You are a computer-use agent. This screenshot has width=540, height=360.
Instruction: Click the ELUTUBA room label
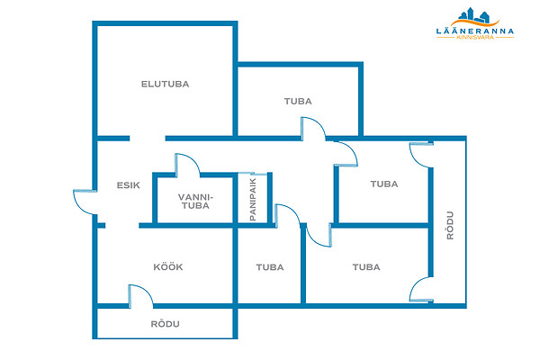pos(165,84)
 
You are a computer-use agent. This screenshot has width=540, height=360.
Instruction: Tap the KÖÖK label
pos(168,267)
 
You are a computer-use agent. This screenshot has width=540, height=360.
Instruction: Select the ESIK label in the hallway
pos(128,185)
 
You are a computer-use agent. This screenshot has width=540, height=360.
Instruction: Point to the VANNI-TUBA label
pos(194,201)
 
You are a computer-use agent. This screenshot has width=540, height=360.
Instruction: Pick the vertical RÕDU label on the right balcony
pos(450,224)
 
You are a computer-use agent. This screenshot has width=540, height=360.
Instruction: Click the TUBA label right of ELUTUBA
pos(298,102)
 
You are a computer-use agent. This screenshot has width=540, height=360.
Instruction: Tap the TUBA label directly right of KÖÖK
pos(269,267)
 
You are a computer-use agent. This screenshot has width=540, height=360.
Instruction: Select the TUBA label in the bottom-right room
pos(365,267)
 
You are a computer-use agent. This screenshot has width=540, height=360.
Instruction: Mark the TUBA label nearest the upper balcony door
pos(383,184)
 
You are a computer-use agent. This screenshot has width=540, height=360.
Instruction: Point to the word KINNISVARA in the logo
pos(473,38)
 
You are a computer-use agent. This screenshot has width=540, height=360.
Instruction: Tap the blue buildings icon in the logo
pos(473,14)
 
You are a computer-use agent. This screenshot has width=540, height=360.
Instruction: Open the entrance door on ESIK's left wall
pos(86,202)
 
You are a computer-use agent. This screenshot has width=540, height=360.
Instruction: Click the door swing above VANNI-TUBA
pos(186,164)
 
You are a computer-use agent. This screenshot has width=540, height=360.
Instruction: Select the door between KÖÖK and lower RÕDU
pos(139,296)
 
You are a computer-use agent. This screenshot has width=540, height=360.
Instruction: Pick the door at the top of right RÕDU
pos(420,155)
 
